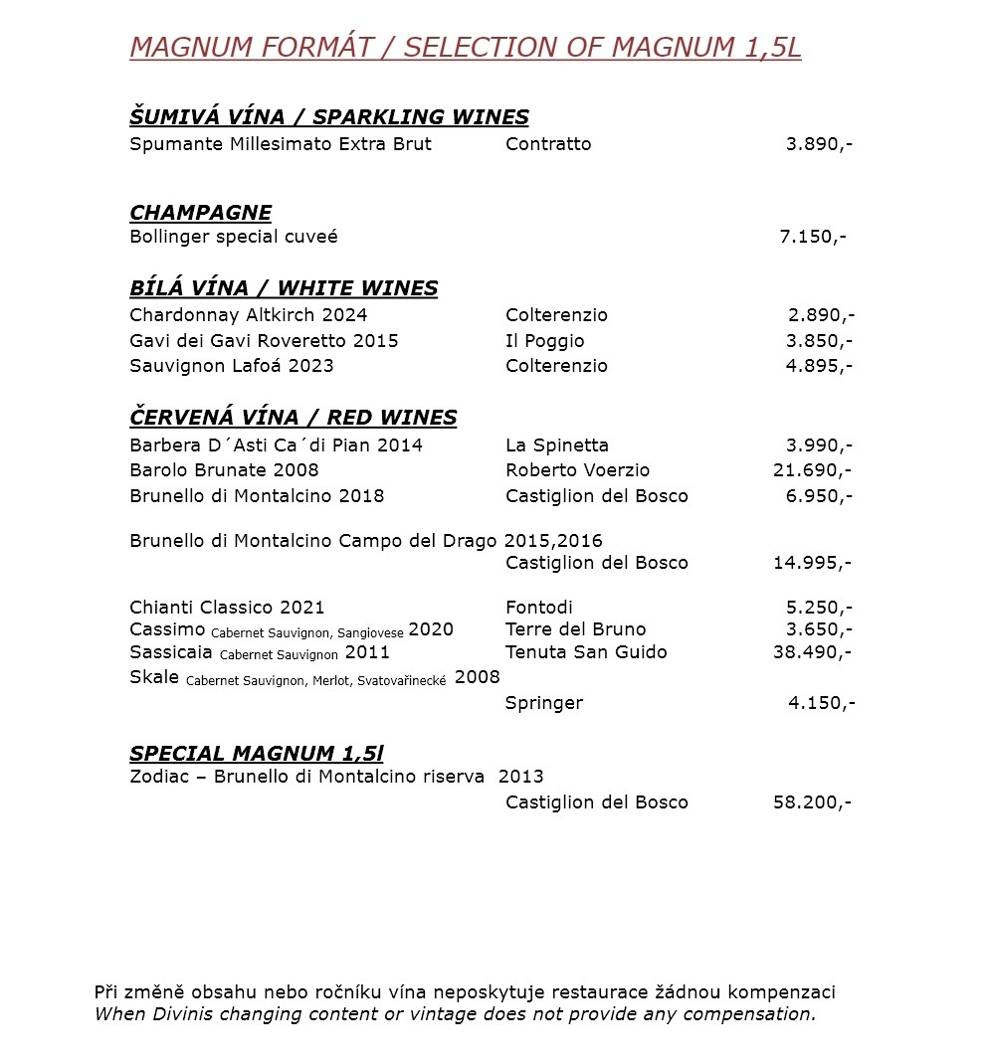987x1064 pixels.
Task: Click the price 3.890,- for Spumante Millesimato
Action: point(818,144)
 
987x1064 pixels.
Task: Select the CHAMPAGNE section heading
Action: point(200,213)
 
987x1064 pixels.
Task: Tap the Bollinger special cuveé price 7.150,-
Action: point(812,237)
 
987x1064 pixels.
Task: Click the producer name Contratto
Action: point(548,144)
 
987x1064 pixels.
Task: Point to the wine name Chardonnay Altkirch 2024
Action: point(248,315)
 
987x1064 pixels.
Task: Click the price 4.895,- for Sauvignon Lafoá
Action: point(819,366)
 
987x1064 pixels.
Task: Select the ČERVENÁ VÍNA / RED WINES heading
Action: point(293,418)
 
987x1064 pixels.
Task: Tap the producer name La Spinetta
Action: point(556,445)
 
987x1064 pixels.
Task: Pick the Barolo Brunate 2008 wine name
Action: point(224,470)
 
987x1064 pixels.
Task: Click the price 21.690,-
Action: point(812,470)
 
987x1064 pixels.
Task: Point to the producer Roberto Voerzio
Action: point(577,470)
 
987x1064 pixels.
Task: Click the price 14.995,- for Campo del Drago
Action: point(812,563)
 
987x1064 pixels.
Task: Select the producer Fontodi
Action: point(539,608)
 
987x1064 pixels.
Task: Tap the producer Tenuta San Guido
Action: point(586,652)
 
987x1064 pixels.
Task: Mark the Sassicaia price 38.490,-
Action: point(812,652)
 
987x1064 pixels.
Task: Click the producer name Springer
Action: point(543,703)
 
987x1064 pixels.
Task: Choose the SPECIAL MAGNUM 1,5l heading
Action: point(257,754)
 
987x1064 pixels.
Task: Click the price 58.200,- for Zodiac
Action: point(812,802)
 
